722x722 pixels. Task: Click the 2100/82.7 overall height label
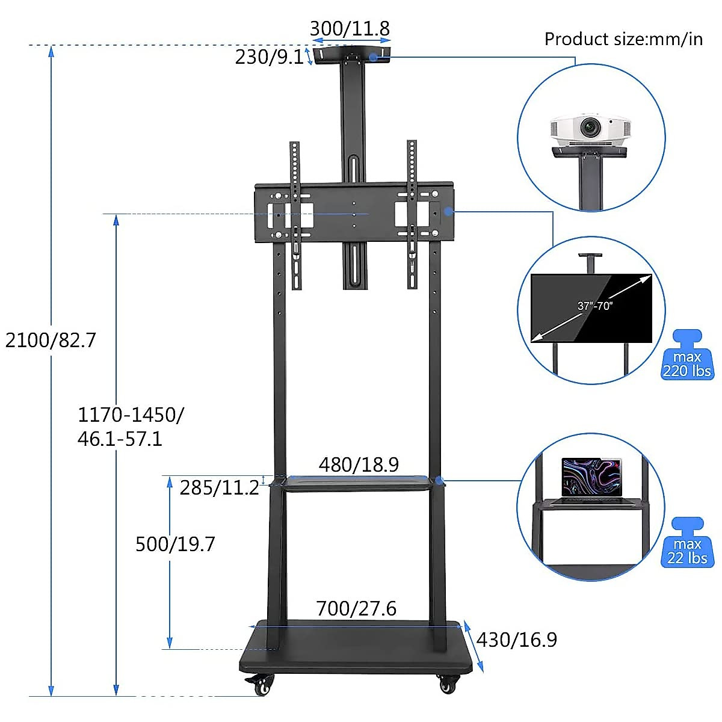click(51, 341)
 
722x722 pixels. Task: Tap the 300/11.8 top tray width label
click(350, 28)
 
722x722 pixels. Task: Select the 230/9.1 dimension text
click(269, 57)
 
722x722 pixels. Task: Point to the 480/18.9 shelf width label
click(359, 464)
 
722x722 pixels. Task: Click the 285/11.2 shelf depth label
click(219, 487)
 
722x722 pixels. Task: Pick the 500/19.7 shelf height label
click(175, 544)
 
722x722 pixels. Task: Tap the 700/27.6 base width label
click(356, 608)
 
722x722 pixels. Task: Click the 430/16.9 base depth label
click(517, 640)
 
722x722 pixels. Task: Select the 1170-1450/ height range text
click(131, 415)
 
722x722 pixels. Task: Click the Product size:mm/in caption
click(623, 39)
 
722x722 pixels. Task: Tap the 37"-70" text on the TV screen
click(594, 306)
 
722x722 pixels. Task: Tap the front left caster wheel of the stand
click(261, 685)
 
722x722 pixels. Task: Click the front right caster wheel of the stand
click(448, 683)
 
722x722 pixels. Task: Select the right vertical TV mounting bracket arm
click(412, 214)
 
